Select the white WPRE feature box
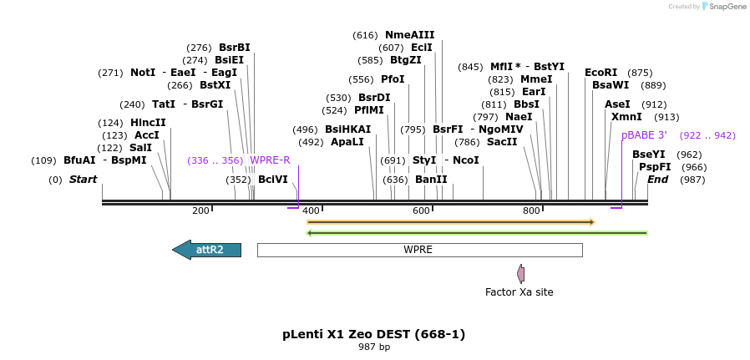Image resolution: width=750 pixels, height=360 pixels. click(418, 250)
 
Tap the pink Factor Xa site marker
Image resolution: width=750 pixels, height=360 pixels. click(521, 273)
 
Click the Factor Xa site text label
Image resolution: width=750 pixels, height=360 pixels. click(519, 292)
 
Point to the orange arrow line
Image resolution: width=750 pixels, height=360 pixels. click(450, 222)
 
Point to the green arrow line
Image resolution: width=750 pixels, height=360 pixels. click(477, 233)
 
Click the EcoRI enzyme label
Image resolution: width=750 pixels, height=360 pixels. click(601, 73)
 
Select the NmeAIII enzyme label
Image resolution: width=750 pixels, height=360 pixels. click(409, 35)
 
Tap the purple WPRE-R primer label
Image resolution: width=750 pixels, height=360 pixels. click(270, 160)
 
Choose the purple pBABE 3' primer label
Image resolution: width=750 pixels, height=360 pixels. click(644, 135)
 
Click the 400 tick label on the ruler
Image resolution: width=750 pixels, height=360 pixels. click(311, 211)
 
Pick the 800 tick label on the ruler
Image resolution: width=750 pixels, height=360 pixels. click(531, 211)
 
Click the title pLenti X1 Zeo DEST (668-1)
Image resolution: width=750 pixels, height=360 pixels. click(373, 334)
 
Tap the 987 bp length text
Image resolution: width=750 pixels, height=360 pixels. click(373, 347)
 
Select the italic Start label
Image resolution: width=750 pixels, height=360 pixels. click(83, 180)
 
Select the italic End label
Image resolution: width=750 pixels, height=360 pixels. click(657, 180)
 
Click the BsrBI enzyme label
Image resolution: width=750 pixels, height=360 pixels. click(234, 48)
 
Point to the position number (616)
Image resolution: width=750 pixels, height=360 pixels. click(365, 35)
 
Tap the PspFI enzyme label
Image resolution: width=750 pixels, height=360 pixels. click(655, 167)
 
